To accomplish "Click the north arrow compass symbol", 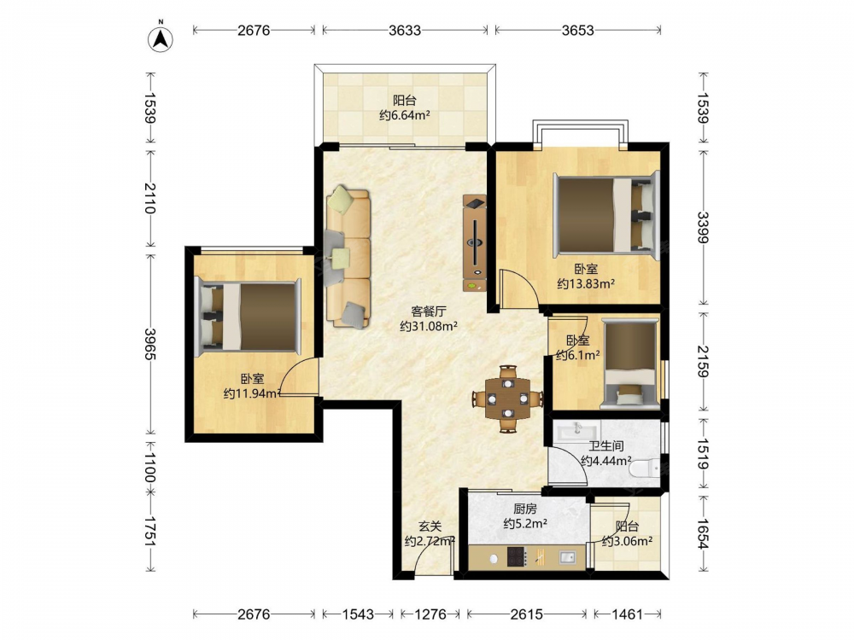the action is point(161,38).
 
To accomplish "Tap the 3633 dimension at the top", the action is point(405,30).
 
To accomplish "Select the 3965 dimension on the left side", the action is point(150,343).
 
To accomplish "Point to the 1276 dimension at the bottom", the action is point(430,614).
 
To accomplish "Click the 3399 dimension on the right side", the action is point(703,228).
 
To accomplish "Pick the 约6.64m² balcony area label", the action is point(405,115).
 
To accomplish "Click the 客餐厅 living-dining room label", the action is point(429,311).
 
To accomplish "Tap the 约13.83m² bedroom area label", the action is point(586,283).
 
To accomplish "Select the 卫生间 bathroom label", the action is point(606,446).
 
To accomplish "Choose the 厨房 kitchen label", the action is point(525,509).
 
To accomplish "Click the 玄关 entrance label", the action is point(430,527).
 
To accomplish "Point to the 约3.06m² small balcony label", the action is point(628,542).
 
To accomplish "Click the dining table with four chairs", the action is point(507,399).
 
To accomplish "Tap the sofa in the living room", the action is point(348,258).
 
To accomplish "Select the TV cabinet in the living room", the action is point(474,243).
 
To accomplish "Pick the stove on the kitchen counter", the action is point(517,556).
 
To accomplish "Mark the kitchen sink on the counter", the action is point(567,556).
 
